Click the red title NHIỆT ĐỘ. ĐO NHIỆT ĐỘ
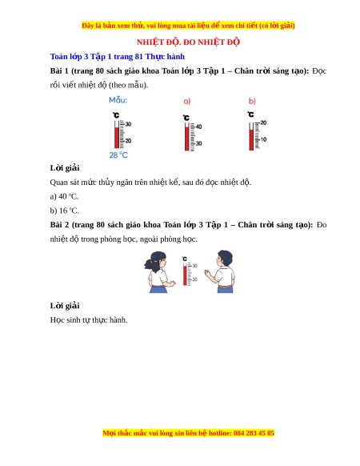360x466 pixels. (188, 42)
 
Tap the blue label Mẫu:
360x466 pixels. (118, 100)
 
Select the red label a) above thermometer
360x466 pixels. (187, 102)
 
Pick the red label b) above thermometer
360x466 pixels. (252, 102)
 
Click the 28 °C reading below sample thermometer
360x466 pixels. (118, 155)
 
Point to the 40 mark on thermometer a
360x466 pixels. (198, 127)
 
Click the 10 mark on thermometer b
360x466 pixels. (263, 139)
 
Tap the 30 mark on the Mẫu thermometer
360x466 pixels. (128, 124)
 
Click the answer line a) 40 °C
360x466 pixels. (64, 196)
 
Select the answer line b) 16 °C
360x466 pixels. (65, 211)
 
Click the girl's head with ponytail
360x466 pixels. (156, 261)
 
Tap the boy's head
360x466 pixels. (224, 259)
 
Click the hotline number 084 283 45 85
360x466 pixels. (254, 433)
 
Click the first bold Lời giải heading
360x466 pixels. (65, 168)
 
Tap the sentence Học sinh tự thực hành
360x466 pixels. (89, 320)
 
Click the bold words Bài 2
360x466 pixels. (59, 225)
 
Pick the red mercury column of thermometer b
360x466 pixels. (251, 139)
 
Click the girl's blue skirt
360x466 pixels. (159, 289)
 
